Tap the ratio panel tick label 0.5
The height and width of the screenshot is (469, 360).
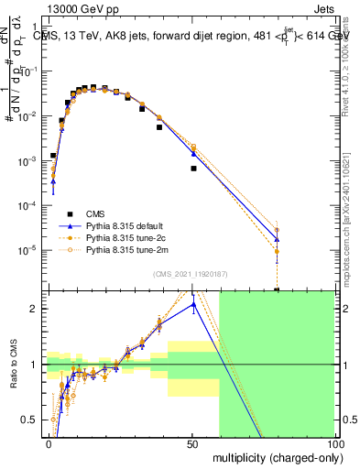(33, 420)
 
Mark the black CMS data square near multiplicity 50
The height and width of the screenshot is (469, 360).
(193, 169)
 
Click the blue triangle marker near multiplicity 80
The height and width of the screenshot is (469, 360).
(277, 240)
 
